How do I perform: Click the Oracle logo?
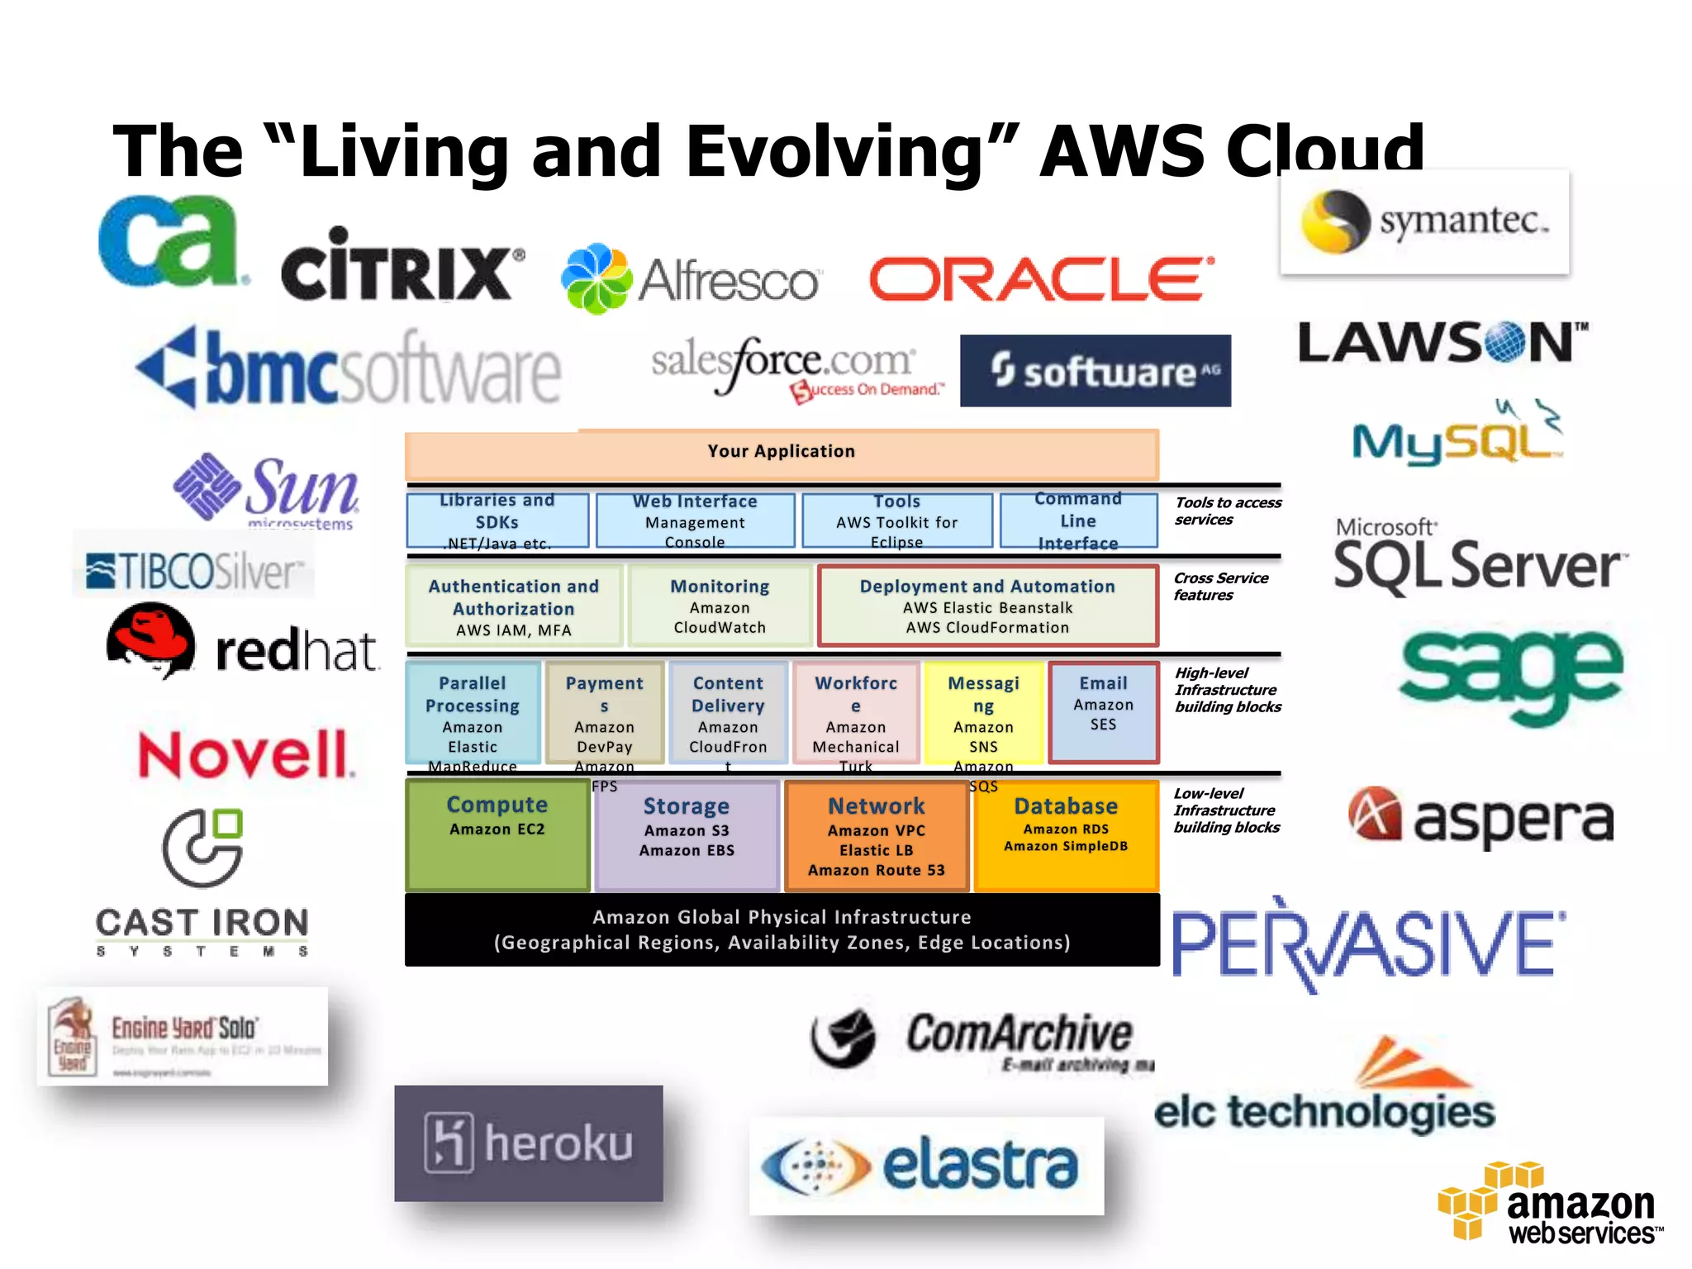(x=1041, y=279)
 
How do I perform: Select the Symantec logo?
(x=1424, y=221)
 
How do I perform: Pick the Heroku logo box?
(x=529, y=1143)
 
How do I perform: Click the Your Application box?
(x=782, y=453)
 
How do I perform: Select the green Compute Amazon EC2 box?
(x=497, y=834)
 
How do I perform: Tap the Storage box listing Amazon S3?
(x=687, y=834)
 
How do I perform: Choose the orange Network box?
(x=877, y=836)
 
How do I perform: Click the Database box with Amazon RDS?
(x=1066, y=834)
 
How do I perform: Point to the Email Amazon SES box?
(x=1103, y=711)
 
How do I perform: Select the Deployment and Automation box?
(x=987, y=606)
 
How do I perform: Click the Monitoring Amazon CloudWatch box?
(x=720, y=606)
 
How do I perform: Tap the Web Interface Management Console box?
(x=695, y=520)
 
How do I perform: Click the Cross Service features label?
(x=1220, y=587)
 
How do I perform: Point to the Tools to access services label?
(x=1228, y=511)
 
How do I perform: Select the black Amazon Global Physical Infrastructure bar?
(x=782, y=929)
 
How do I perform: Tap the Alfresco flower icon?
(x=596, y=278)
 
